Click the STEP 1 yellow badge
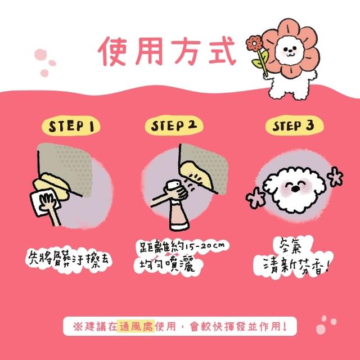click(x=71, y=126)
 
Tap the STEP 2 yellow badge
click(x=174, y=125)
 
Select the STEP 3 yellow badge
click(x=294, y=125)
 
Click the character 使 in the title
click(x=112, y=51)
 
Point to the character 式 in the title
click(x=222, y=51)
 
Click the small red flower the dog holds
click(x=254, y=43)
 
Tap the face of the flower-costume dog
click(x=289, y=51)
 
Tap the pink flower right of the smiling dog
click(x=335, y=177)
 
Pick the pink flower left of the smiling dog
click(x=256, y=197)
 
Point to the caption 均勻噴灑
click(x=167, y=265)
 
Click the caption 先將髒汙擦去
click(x=69, y=260)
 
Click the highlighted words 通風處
click(x=136, y=326)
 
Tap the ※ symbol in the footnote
click(x=78, y=326)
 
